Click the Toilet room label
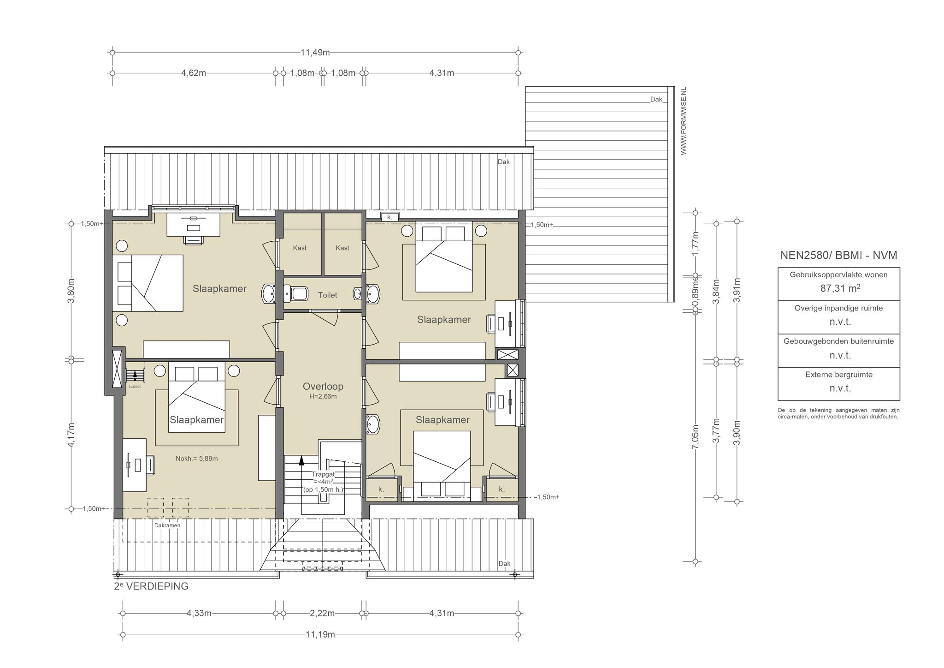coord(327,295)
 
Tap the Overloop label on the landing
coord(323,387)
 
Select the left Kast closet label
coord(300,248)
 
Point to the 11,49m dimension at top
coord(315,53)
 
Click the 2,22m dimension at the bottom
coord(322,614)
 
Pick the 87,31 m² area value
coord(840,288)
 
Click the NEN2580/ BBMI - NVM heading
coord(838,256)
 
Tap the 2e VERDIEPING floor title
coord(151,586)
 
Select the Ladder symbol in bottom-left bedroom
coord(135,375)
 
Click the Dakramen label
coord(167,525)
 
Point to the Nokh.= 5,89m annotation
coord(197,459)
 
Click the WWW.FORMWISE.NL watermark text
coord(684,121)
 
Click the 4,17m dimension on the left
coord(71,434)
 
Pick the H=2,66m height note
coord(323,397)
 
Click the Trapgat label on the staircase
coord(323,474)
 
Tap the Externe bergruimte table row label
coord(839,375)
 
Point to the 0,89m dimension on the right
coord(696,294)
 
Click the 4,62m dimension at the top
coord(194,73)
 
